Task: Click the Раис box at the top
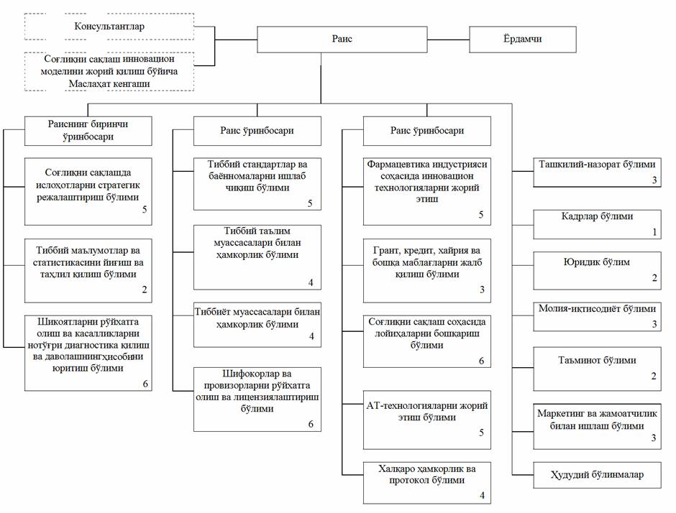[342, 40]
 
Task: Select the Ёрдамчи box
[523, 40]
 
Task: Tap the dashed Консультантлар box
[109, 27]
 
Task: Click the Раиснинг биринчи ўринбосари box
[88, 131]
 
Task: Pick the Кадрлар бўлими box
[597, 224]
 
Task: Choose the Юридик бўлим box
[597, 270]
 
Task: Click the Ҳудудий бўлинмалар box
[597, 475]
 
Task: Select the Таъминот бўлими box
[597, 369]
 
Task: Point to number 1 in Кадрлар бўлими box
[654, 232]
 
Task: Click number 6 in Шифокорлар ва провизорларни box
[311, 425]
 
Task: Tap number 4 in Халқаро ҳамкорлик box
[482, 496]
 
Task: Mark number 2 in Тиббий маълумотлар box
[145, 290]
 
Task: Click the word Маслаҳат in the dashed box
[89, 84]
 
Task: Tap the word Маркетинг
[559, 414]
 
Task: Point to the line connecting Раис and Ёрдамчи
[448, 40]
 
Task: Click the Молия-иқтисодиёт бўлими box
[597, 317]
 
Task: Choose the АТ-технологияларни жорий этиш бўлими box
[426, 420]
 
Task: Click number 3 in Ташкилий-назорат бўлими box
[654, 180]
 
